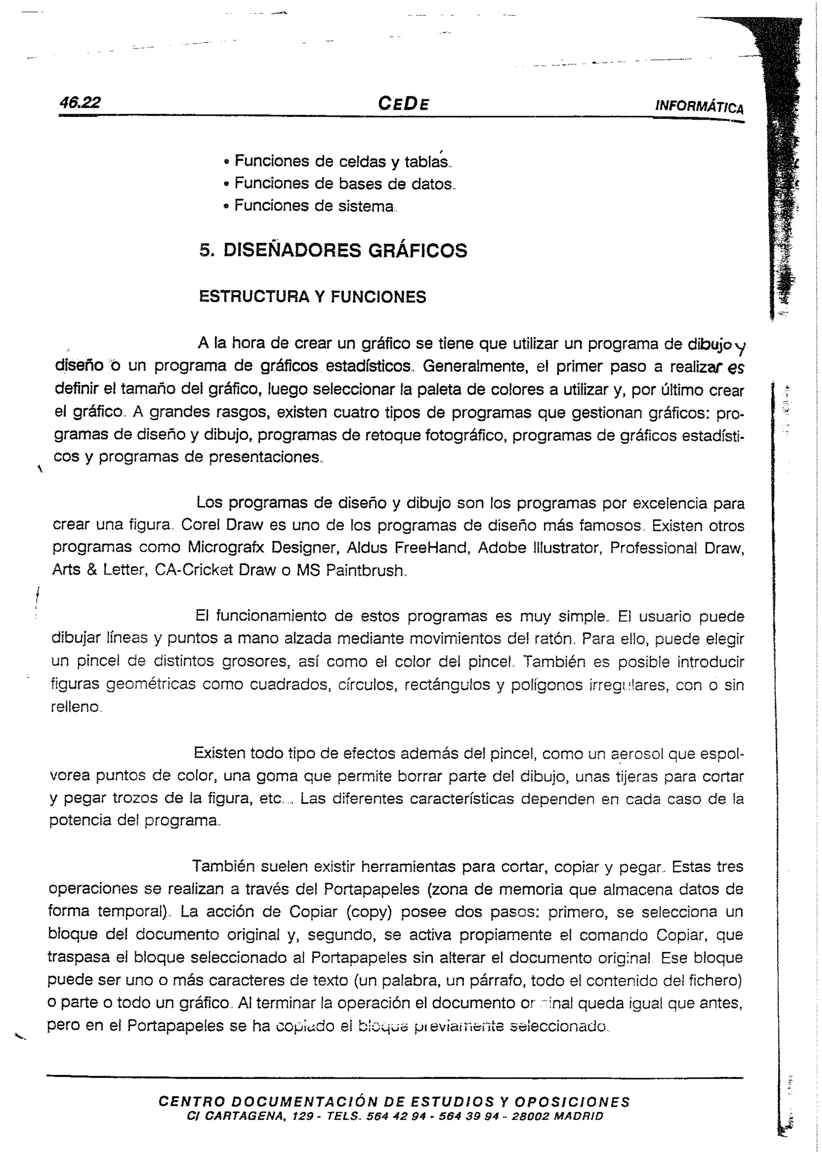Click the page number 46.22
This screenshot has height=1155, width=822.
[x=79, y=103]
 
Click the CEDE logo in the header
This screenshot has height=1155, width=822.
[x=403, y=104]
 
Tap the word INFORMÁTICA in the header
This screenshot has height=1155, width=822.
[x=699, y=106]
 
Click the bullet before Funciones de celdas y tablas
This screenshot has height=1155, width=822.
[x=227, y=162]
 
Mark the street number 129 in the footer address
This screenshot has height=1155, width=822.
[x=303, y=1116]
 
